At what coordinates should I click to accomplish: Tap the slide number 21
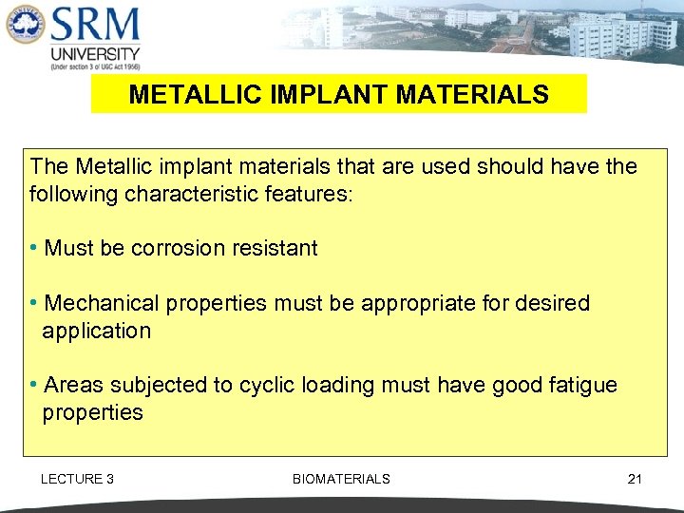(x=635, y=479)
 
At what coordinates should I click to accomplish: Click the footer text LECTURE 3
(x=77, y=479)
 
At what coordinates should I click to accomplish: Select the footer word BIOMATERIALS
(x=341, y=479)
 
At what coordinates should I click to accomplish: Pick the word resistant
(x=271, y=249)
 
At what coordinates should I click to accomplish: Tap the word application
(x=96, y=332)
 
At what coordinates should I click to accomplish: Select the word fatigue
(x=582, y=386)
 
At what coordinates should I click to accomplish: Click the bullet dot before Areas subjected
(x=34, y=386)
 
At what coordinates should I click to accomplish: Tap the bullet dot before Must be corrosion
(x=34, y=249)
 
